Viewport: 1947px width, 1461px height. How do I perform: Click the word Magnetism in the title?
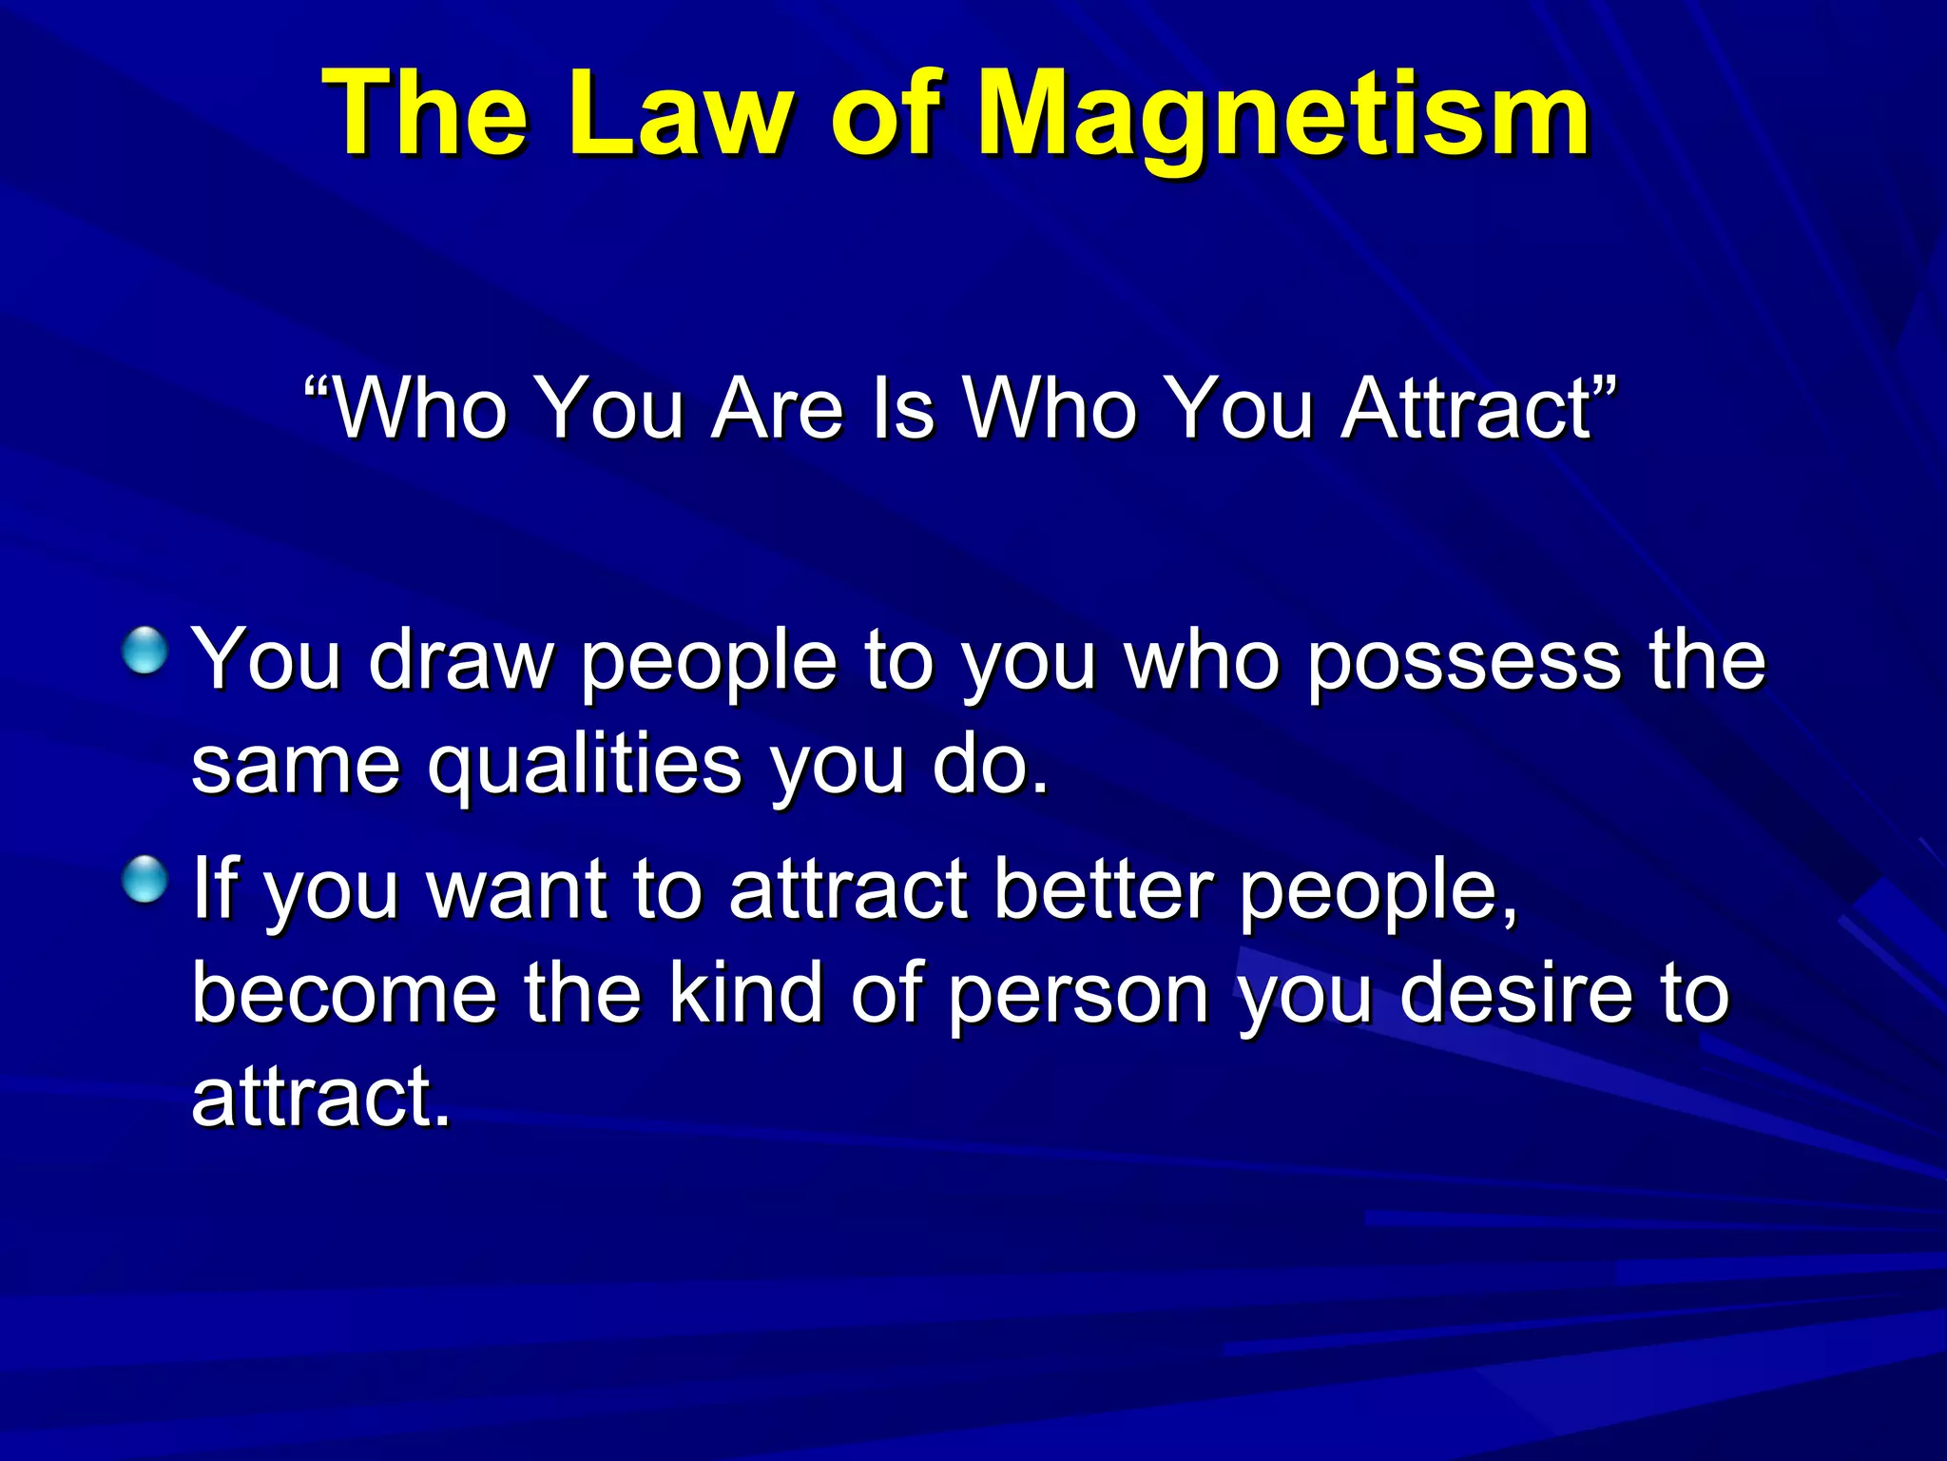1283,116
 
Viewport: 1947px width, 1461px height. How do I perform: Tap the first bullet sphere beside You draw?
145,652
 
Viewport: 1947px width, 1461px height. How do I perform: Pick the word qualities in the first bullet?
584,767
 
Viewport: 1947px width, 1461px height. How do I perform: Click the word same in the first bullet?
296,767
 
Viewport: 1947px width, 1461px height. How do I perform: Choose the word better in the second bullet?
1103,889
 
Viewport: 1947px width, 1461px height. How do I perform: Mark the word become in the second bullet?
344,993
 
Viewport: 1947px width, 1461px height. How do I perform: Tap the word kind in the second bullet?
745,993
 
